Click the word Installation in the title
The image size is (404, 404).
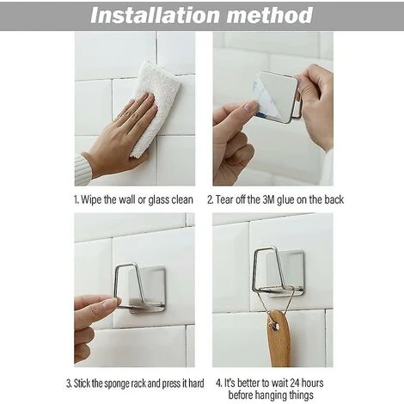pos(155,15)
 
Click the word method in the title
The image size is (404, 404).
pos(270,15)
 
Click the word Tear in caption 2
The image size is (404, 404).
pos(224,199)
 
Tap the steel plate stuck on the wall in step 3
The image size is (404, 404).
pos(147,290)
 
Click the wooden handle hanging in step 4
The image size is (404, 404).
pos(279,340)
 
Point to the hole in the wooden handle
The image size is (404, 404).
pos(276,326)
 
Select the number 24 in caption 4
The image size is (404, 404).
pos(295,383)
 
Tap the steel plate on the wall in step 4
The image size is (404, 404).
pos(285,273)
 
